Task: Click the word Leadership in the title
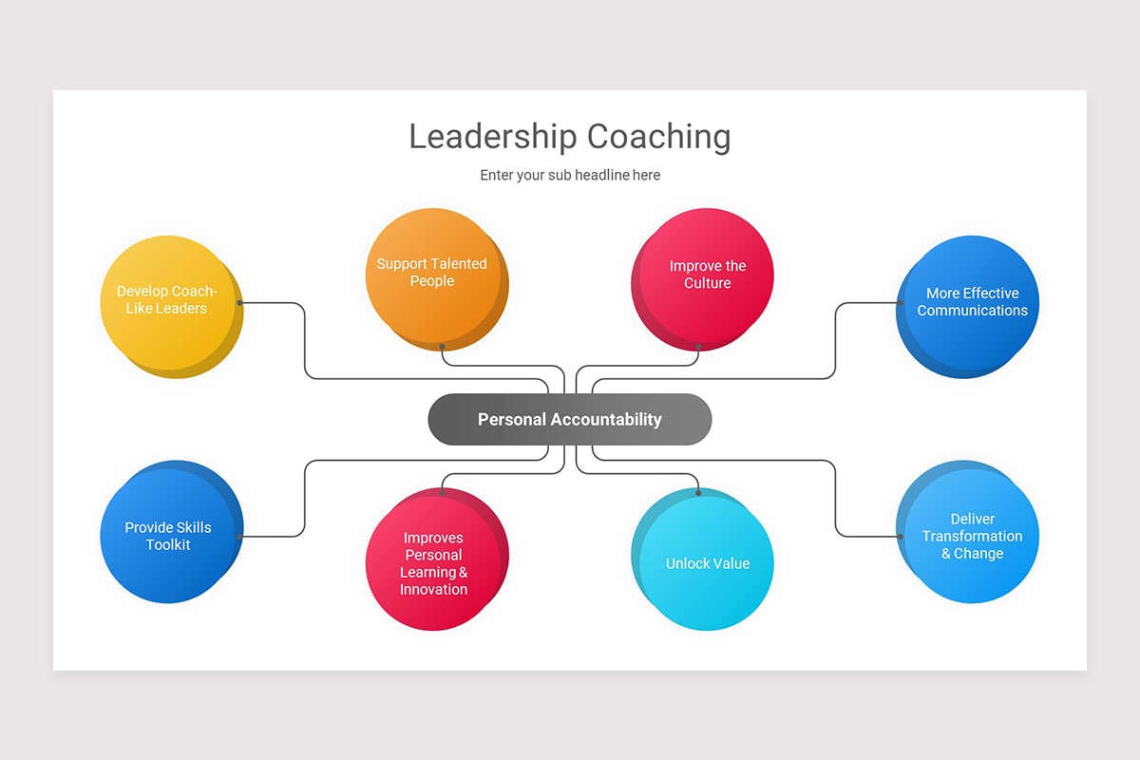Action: click(492, 137)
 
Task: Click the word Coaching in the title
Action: click(658, 137)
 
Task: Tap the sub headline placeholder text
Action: click(570, 175)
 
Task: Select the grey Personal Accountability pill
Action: click(570, 419)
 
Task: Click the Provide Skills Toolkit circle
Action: click(168, 534)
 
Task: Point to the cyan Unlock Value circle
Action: click(706, 562)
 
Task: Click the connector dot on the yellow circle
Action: click(240, 303)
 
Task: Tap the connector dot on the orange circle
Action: click(442, 347)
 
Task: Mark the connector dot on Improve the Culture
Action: click(698, 347)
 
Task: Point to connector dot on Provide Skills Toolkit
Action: click(240, 537)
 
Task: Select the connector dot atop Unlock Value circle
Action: click(698, 492)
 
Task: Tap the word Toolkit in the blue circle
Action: click(168, 544)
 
